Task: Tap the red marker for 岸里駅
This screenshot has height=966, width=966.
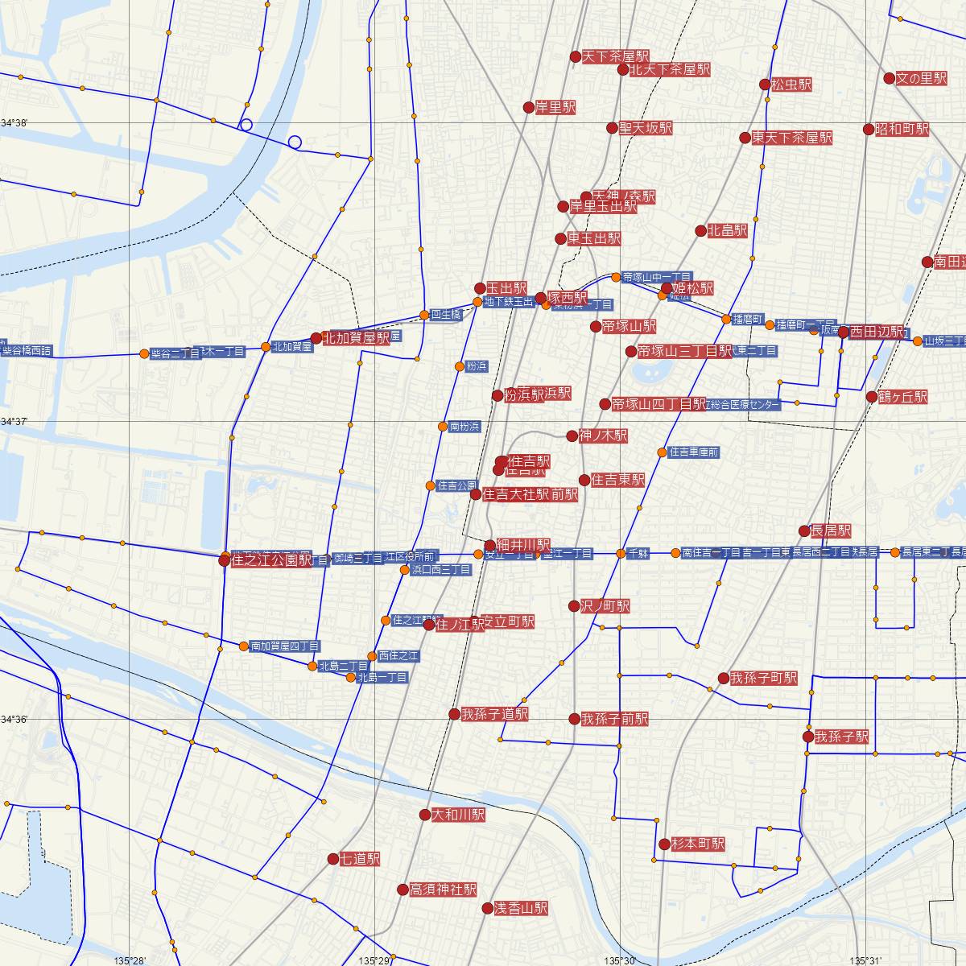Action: coord(529,107)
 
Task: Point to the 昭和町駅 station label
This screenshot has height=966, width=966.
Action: coord(902,129)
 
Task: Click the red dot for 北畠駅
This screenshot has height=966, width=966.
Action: coord(701,231)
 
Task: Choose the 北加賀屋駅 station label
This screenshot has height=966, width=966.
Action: coord(356,339)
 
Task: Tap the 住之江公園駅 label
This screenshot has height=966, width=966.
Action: coord(270,560)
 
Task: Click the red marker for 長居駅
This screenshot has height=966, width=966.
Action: coord(804,530)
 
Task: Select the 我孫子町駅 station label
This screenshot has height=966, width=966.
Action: coord(764,678)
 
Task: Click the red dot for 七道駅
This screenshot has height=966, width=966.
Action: coord(333,859)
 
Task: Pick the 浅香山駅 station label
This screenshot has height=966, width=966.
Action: coord(520,908)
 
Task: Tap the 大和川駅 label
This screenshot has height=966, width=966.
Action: coord(458,815)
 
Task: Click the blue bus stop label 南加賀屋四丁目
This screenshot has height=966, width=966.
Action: coord(285,646)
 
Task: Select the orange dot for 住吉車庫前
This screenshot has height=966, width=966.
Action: coord(662,452)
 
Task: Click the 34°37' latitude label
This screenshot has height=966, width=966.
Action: coord(14,421)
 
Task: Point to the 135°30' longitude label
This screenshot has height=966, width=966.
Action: coord(620,960)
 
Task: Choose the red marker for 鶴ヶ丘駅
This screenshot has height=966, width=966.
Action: coord(872,396)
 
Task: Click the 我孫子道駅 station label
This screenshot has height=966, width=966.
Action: coord(494,714)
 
